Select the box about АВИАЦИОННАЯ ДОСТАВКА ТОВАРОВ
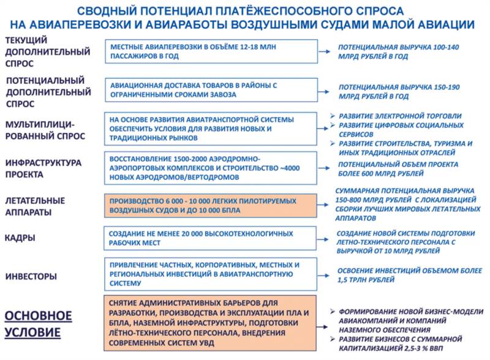point(211,91)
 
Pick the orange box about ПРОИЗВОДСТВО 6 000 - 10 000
point(211,206)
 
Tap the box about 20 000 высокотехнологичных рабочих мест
point(211,238)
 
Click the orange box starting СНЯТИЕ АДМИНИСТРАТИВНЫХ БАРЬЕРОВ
point(211,322)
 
